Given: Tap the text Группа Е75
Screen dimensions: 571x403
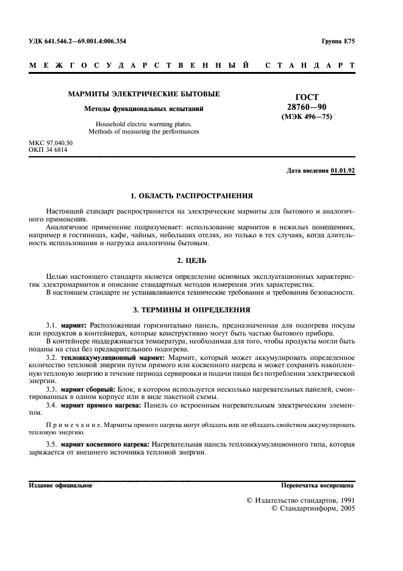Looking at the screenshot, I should [337, 41].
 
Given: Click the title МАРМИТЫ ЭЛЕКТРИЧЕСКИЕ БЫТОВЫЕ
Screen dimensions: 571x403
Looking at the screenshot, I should [144, 94].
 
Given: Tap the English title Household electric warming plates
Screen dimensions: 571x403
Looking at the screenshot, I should [144, 124].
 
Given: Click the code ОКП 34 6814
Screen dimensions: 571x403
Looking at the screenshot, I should [48, 149].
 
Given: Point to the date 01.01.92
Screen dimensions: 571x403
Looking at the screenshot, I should [343, 171].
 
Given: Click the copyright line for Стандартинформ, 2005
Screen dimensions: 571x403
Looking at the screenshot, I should [313, 508].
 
